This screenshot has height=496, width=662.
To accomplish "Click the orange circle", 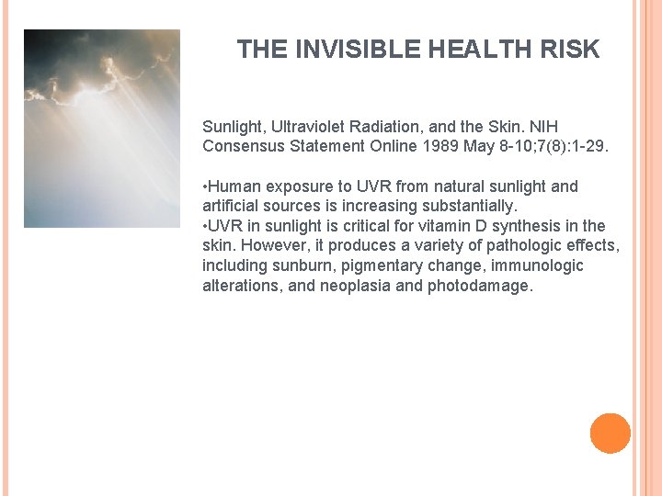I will coord(611,434).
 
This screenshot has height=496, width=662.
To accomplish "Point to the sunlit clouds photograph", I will coord(101,128).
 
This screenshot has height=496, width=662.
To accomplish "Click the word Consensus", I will coord(242,146).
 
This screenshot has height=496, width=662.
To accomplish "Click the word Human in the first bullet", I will coord(233,186).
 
